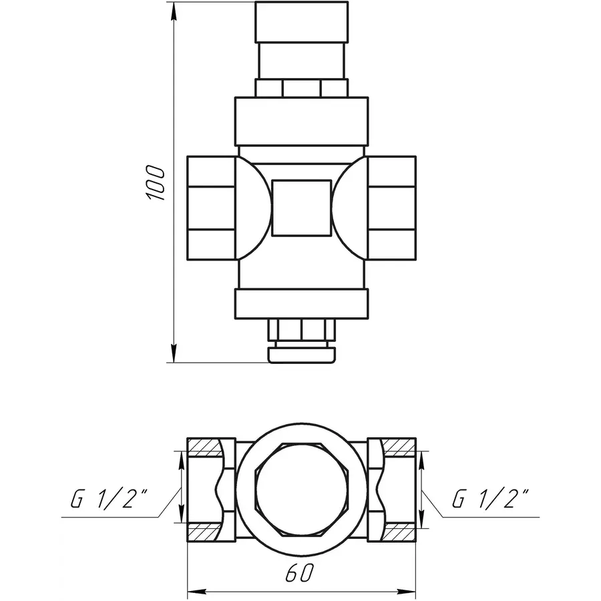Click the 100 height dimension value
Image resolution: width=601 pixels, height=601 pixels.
155,182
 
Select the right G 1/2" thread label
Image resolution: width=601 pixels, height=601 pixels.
491,499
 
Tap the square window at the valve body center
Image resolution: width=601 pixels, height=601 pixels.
301,207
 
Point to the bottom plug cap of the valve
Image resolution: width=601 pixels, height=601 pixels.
301,353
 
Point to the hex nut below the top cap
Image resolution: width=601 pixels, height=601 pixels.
301,87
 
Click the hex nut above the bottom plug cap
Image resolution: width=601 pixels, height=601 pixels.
301,331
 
